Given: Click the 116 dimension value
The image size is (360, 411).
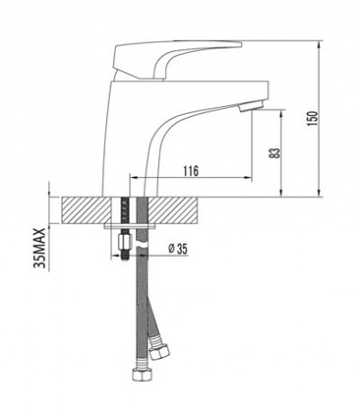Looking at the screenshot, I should pos(190,171).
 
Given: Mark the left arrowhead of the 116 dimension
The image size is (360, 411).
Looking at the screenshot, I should pos(137,179).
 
